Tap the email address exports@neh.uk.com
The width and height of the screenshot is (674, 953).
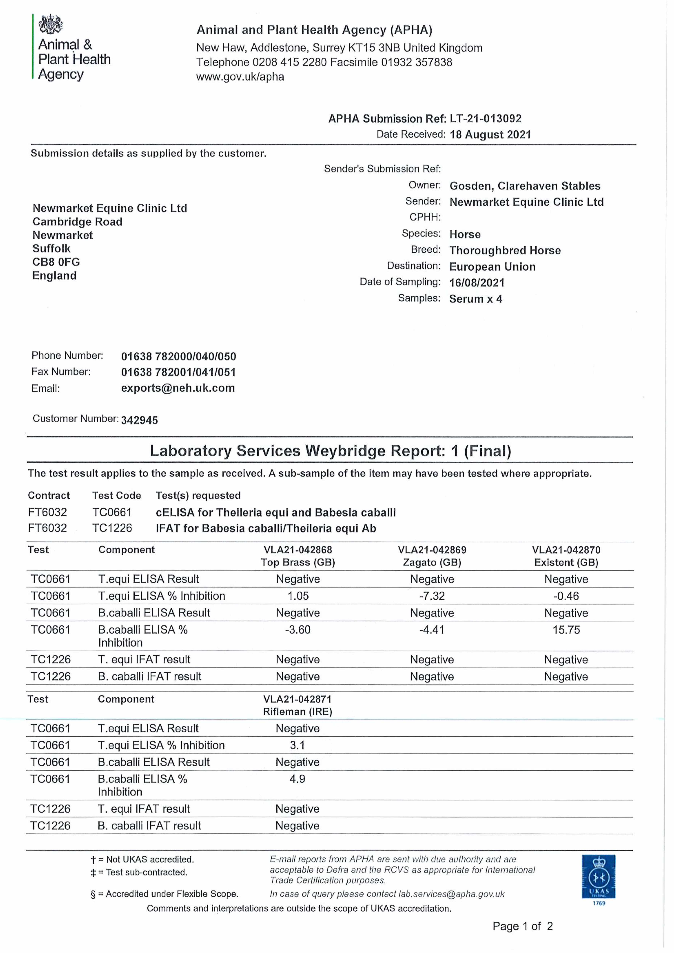[x=178, y=388]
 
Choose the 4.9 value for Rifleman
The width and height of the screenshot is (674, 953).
[x=297, y=779]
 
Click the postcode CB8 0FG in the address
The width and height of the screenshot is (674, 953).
[x=56, y=262]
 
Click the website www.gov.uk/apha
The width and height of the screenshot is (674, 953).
[x=240, y=77]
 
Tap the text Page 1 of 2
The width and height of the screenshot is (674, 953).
[x=522, y=926]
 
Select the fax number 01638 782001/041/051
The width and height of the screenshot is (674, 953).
[x=178, y=372]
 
